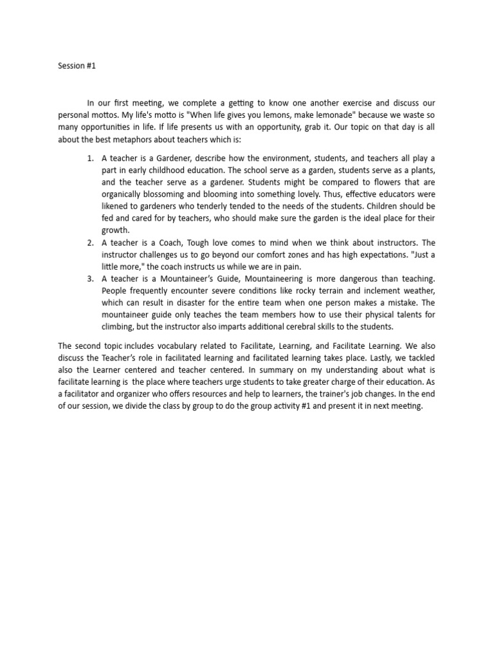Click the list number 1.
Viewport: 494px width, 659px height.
click(90, 158)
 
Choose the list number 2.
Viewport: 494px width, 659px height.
click(90, 243)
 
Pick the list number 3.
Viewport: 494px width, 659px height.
click(90, 279)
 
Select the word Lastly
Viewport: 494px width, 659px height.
click(328, 359)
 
